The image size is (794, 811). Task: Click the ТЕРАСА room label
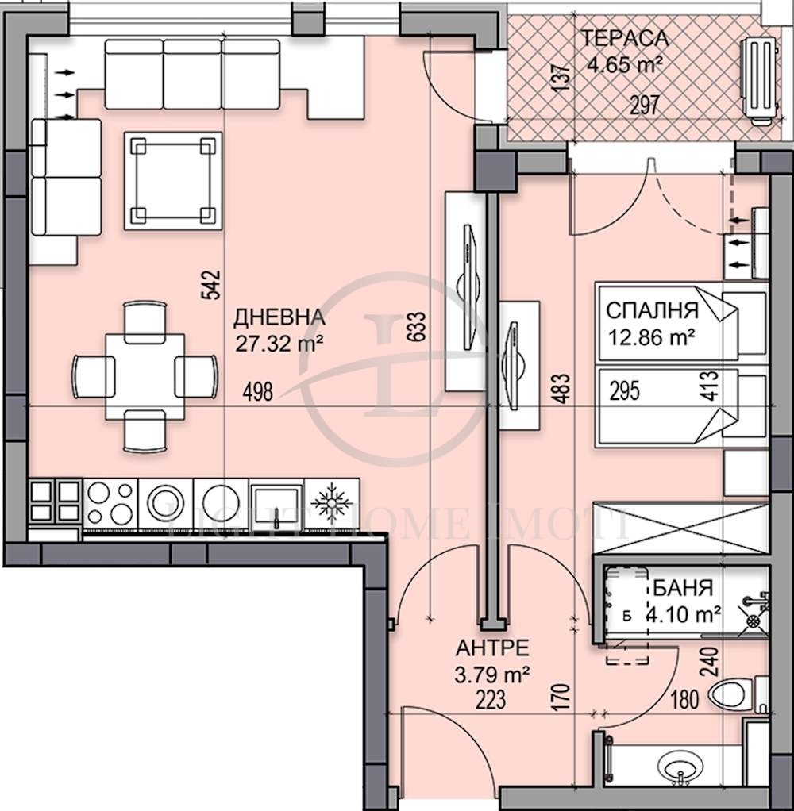(624, 38)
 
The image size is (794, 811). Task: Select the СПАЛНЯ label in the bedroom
(652, 309)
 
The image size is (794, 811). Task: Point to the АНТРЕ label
(492, 648)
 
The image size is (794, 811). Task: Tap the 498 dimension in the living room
(260, 390)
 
